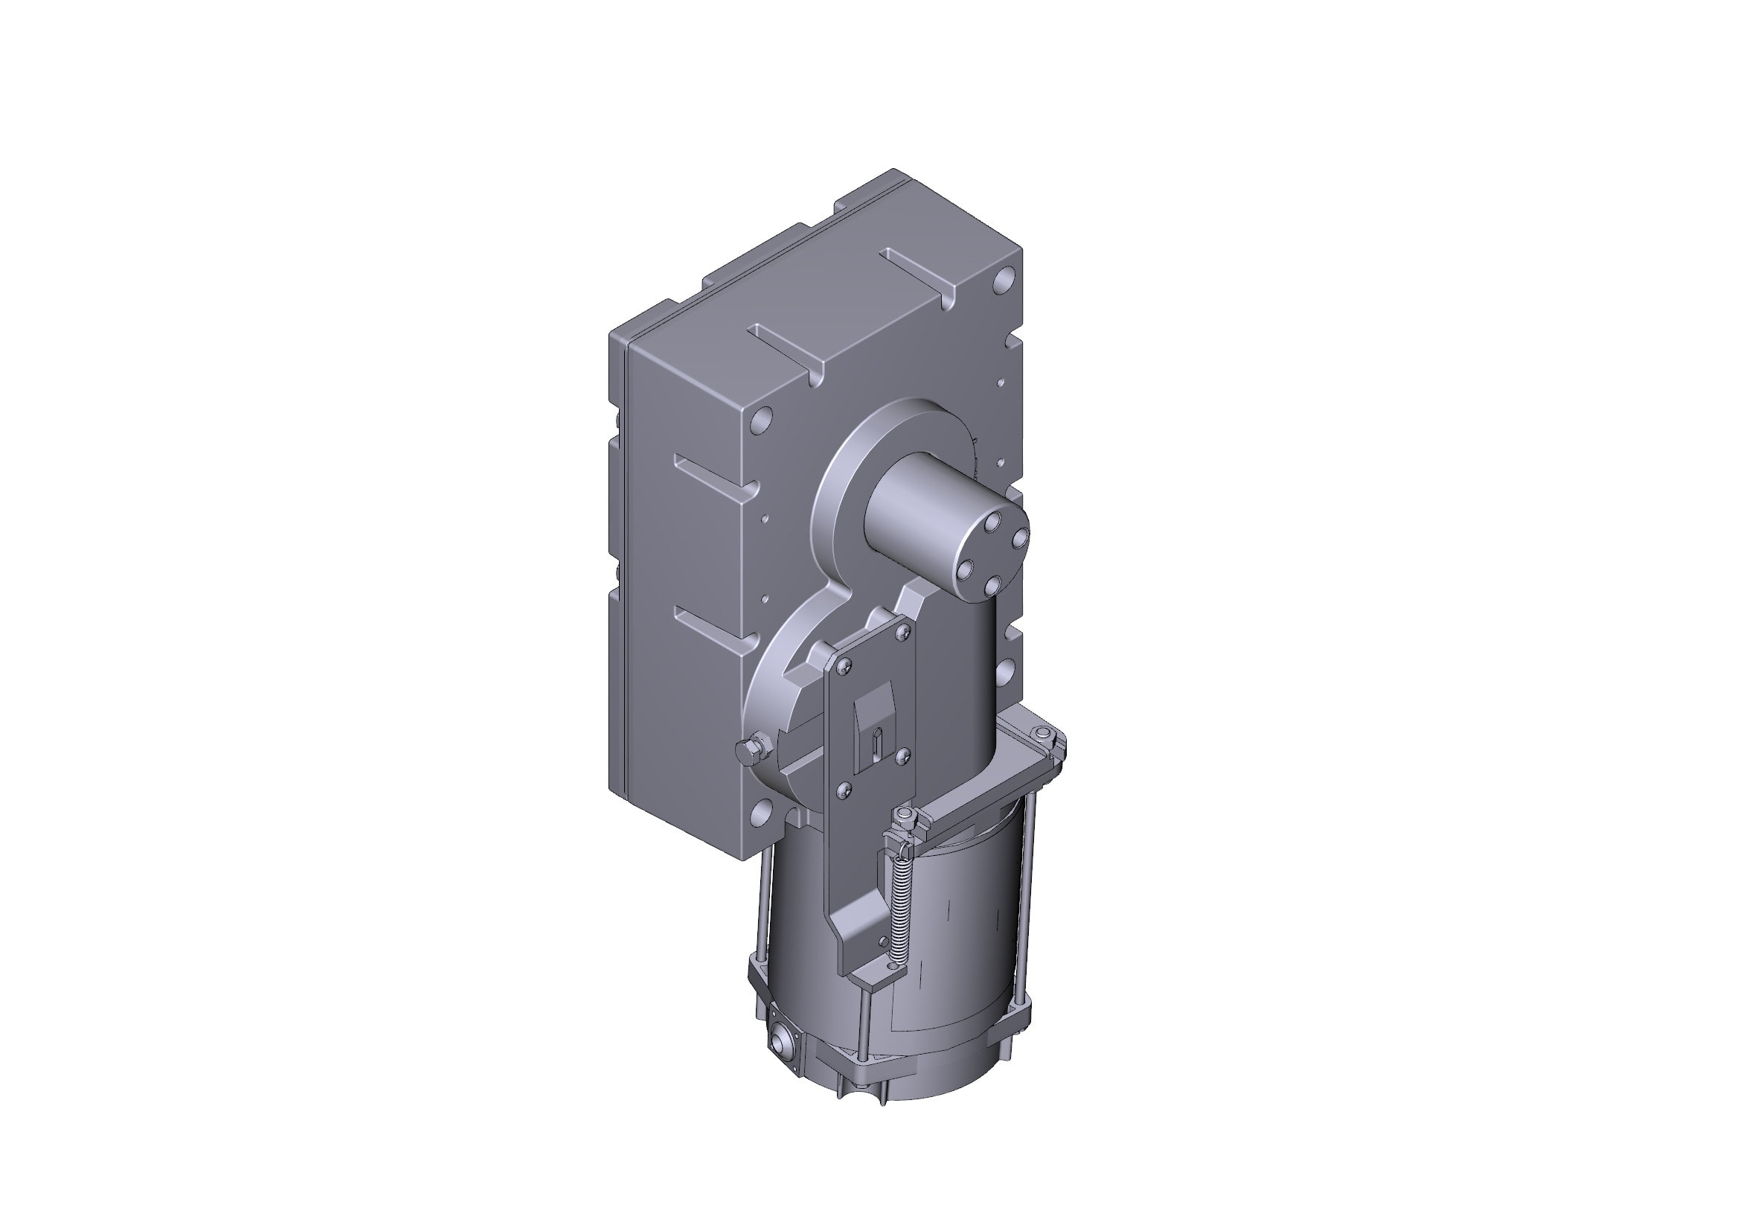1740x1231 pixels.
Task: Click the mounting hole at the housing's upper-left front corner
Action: tap(762, 419)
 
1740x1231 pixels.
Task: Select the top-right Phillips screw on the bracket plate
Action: tap(903, 634)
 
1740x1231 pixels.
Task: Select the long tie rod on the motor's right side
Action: tap(1027, 895)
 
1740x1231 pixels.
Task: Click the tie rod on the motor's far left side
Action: tap(762, 902)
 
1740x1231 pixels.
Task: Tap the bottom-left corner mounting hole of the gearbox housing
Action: tap(761, 814)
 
